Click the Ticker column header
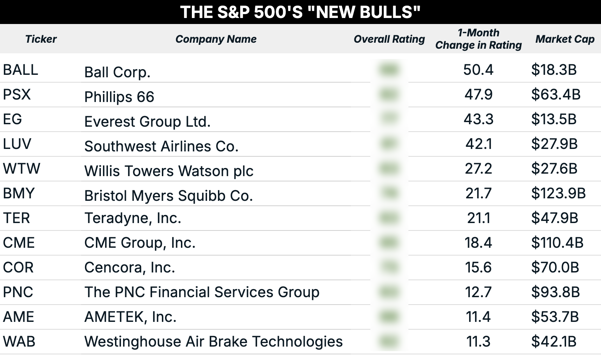coord(41,39)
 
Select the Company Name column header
coord(216,39)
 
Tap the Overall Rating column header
coord(389,39)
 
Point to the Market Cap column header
coord(565,39)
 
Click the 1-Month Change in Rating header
coord(478,39)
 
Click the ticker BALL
coord(20,70)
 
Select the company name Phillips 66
coord(119,97)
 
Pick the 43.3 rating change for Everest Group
coord(478,119)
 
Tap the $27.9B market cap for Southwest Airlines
coord(554,144)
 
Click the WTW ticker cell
coord(22,169)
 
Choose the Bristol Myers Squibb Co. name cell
coord(169,196)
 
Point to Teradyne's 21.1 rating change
coord(479,218)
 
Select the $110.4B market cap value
coord(557,243)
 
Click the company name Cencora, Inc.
coord(129,268)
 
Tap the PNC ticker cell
coord(18,292)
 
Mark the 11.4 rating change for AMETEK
coord(478,317)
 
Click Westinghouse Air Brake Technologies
coord(213,342)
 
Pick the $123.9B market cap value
coord(558,193)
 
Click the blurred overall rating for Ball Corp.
coord(389,70)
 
